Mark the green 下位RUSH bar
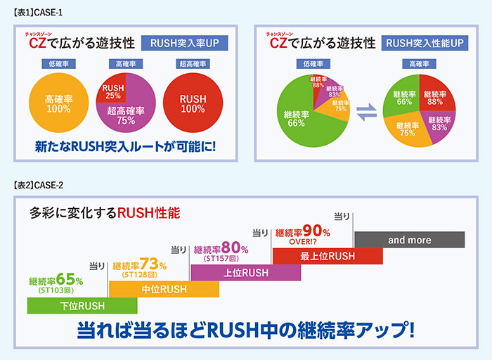82,305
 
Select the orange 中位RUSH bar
164,288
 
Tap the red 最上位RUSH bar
327,255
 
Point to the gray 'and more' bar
409,240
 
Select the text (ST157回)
221,259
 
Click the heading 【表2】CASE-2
39,185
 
